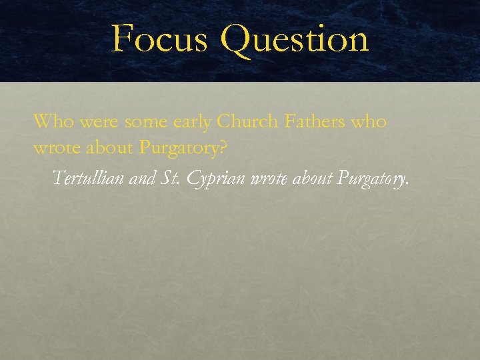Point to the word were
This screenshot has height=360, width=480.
91,123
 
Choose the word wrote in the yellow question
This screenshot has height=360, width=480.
54,148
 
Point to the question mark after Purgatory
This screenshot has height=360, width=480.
223,148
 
